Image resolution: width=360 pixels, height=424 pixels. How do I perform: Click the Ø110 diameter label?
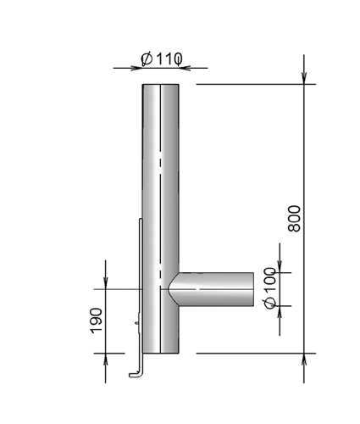tap(162, 59)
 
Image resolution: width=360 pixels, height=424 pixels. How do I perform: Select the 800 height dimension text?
tap(294, 219)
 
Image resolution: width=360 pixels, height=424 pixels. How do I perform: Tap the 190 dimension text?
tap(96, 321)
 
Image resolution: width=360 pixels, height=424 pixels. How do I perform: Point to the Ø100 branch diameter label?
tap(270, 287)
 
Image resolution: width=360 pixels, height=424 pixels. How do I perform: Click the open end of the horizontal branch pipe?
tap(253, 289)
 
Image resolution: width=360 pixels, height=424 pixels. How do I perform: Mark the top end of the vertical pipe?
tap(160, 84)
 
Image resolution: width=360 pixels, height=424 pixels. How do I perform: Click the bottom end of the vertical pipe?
tap(160, 353)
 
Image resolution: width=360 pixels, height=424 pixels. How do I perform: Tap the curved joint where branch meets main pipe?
tap(173, 289)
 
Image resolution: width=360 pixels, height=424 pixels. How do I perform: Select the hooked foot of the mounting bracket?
tap(136, 375)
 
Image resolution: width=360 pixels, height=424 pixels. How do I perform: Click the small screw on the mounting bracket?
tap(137, 322)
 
